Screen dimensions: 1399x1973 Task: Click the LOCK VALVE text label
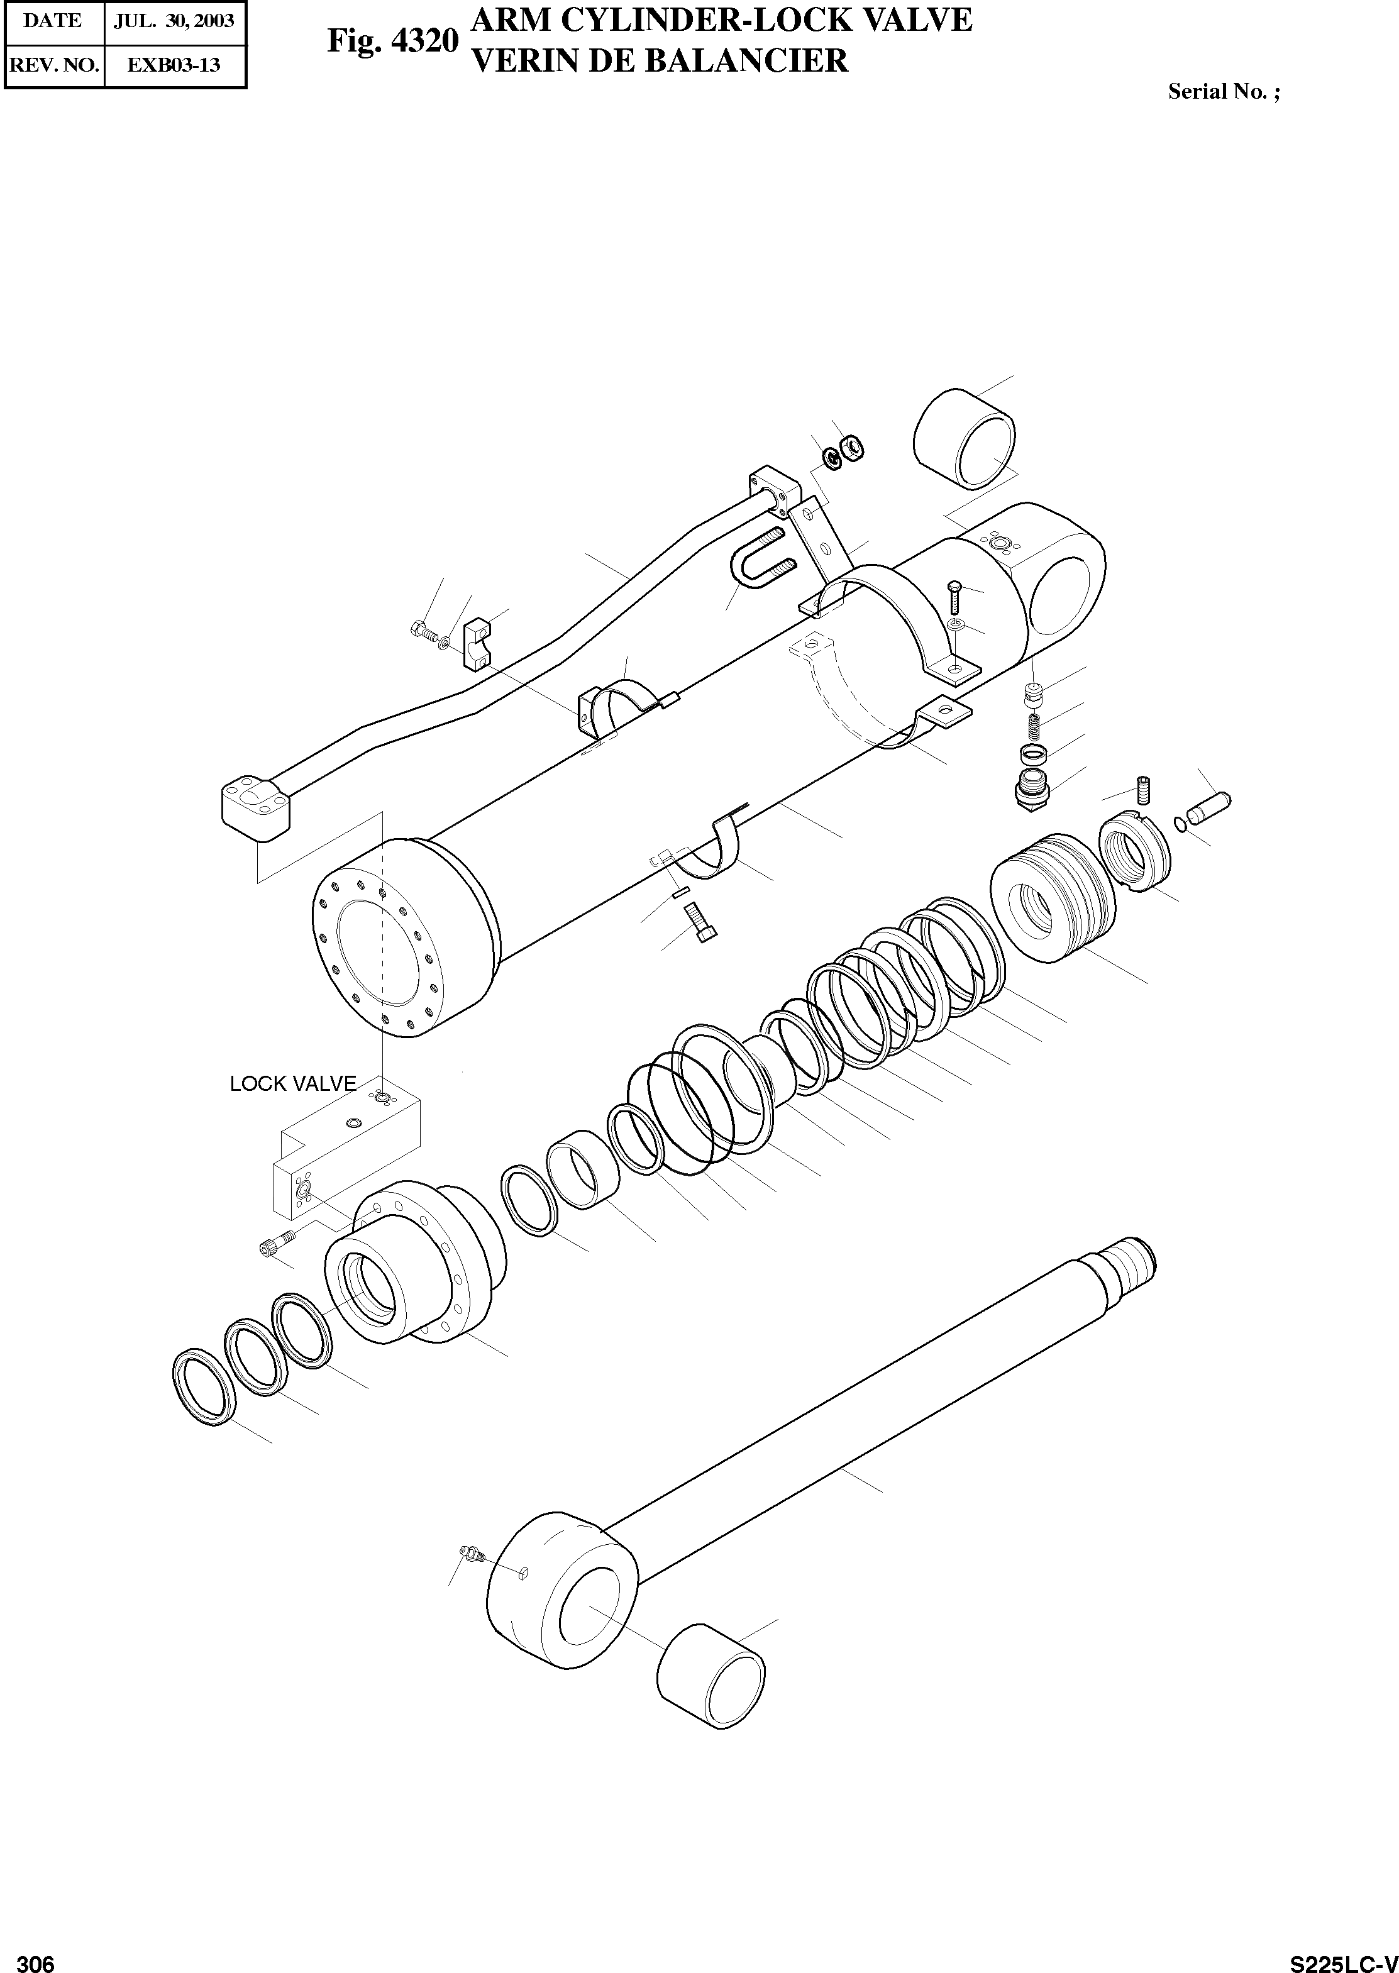[292, 1083]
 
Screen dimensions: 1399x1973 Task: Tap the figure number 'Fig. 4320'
[392, 40]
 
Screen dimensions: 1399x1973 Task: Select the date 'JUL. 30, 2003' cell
[174, 21]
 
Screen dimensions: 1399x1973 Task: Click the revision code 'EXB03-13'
[174, 65]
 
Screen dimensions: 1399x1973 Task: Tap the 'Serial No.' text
[1222, 92]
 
